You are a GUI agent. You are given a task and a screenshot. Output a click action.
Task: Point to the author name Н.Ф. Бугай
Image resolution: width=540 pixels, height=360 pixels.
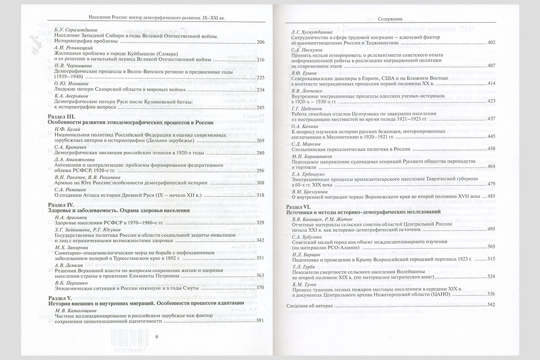65,129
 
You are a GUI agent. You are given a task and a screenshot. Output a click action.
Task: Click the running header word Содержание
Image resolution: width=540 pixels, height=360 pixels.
390,20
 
